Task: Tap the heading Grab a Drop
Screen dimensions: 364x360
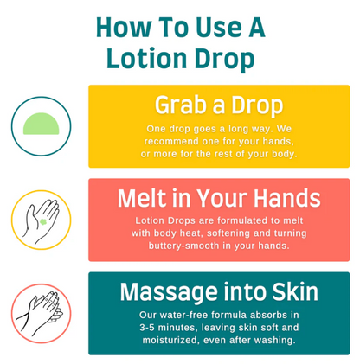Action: click(218, 105)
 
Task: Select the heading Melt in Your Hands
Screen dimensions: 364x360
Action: click(218, 198)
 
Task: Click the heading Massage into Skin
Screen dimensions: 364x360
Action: click(218, 291)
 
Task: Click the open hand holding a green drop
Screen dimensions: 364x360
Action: click(41, 219)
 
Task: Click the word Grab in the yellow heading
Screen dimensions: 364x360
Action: click(183, 105)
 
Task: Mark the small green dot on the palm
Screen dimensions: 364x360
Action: click(42, 222)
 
